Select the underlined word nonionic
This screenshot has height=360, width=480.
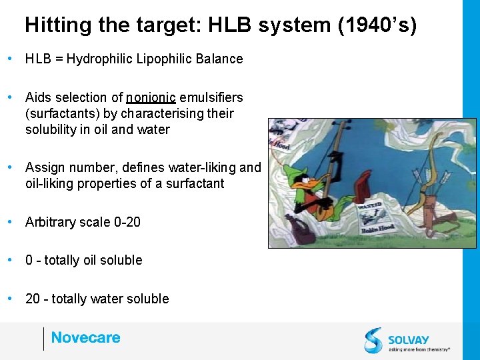pyautogui.click(x=151, y=98)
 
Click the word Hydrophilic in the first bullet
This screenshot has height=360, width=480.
pyautogui.click(x=99, y=59)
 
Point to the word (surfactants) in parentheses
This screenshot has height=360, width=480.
pyautogui.click(x=62, y=113)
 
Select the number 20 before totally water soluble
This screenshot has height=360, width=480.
pyautogui.click(x=33, y=299)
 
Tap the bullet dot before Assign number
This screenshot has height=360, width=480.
pyautogui.click(x=9, y=167)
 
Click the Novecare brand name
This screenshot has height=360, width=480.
pyautogui.click(x=85, y=337)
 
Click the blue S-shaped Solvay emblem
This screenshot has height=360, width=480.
pyautogui.click(x=373, y=340)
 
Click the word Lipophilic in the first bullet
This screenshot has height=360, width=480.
pyautogui.click(x=166, y=59)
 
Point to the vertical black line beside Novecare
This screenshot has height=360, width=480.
pyautogui.click(x=43, y=338)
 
